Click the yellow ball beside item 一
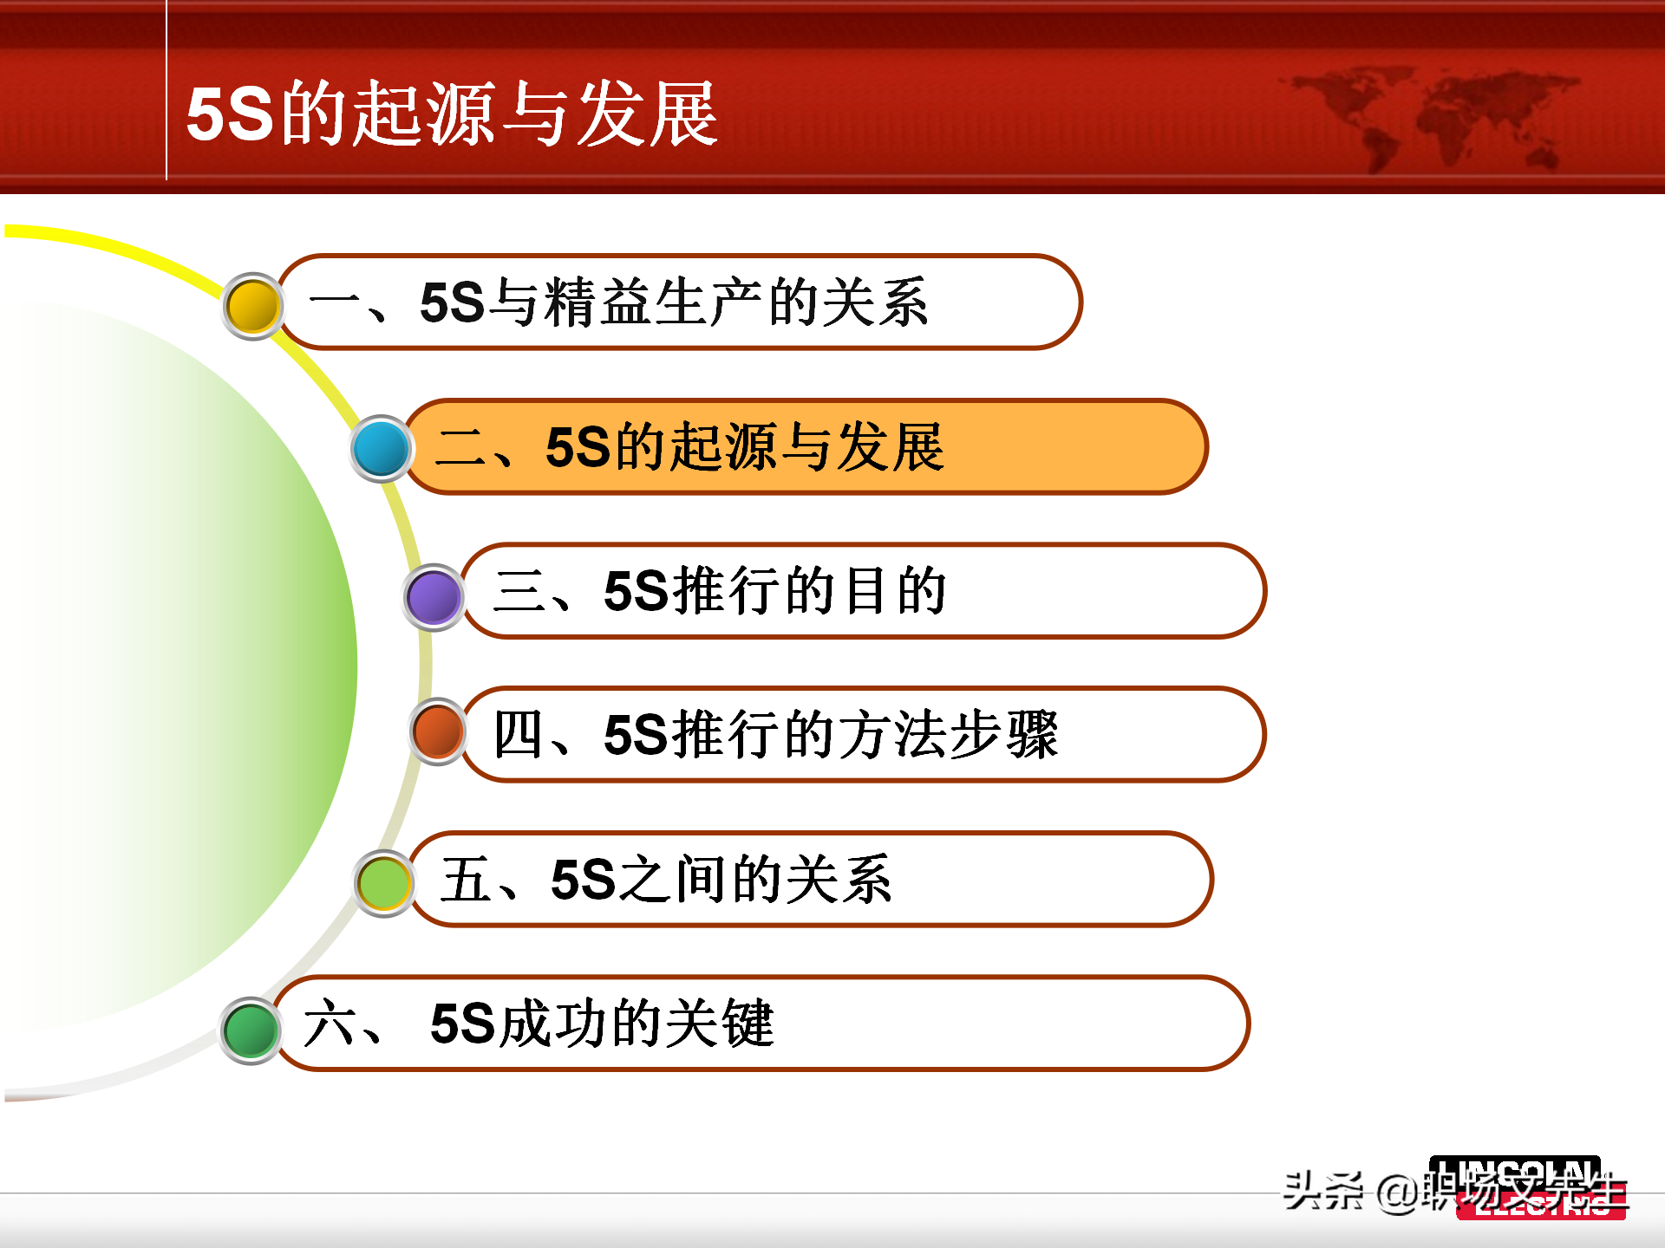click(252, 305)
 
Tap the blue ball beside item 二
click(381, 449)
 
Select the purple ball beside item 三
click(434, 596)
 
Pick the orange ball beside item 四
click(439, 731)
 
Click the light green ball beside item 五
click(383, 883)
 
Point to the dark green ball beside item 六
click(251, 1030)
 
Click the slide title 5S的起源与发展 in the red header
click(451, 114)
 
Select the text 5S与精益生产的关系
click(673, 303)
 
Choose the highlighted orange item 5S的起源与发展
click(744, 447)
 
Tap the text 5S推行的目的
click(774, 591)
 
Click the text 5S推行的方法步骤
click(830, 735)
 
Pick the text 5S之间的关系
click(721, 879)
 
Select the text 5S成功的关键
click(601, 1024)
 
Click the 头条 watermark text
click(1322, 1191)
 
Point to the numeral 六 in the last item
click(329, 1024)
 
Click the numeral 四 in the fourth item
click(519, 735)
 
